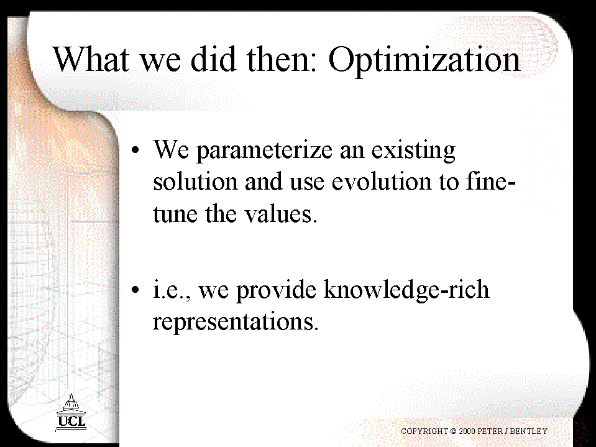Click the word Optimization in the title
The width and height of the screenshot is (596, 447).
[x=424, y=60]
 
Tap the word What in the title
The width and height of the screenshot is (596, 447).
[x=91, y=58]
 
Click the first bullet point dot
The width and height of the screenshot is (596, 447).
[x=135, y=149]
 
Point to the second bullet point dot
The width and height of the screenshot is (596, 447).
[x=135, y=290]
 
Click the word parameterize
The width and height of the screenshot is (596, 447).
[x=264, y=150]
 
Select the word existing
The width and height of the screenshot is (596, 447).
[x=413, y=150]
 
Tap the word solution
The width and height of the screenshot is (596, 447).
[x=195, y=182]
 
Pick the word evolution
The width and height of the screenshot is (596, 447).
[x=382, y=182]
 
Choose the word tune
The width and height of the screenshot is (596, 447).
[x=175, y=214]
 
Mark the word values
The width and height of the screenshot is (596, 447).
[x=280, y=214]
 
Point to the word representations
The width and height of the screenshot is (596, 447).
[x=236, y=322]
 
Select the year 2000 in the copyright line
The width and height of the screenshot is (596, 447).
[x=467, y=431]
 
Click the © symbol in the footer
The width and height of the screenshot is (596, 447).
[x=453, y=431]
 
